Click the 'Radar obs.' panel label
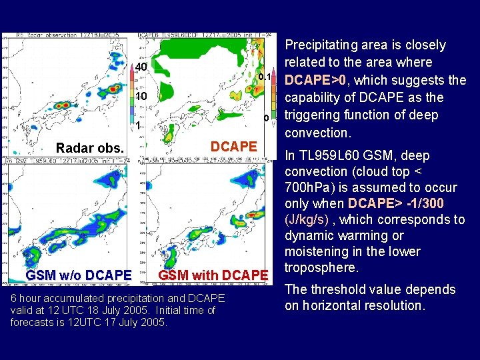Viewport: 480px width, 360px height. [90, 148]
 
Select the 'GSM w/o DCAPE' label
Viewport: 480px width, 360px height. [78, 275]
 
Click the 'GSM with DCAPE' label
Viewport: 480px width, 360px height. [213, 275]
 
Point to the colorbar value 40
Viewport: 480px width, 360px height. [141, 68]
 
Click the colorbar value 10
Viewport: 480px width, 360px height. [141, 97]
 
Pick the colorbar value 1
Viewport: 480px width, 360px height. [137, 126]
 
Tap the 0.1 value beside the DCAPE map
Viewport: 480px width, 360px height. [264, 78]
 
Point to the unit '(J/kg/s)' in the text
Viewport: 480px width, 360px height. [307, 220]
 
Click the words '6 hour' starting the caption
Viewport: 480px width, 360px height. [27, 298]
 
